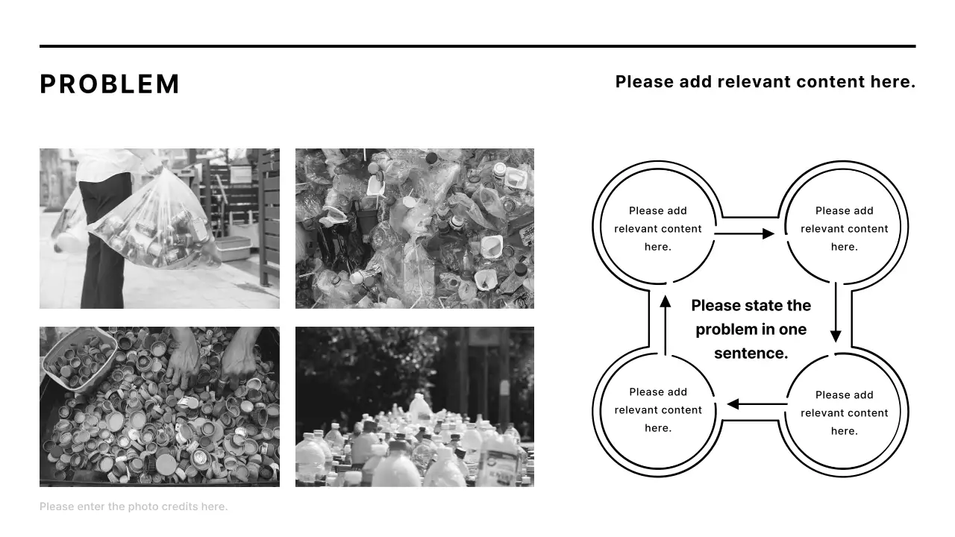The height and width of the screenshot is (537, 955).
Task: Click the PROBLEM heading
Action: coord(110,84)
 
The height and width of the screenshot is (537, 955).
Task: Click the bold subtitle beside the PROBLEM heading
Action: coord(765,82)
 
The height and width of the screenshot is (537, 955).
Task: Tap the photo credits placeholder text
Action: coord(134,506)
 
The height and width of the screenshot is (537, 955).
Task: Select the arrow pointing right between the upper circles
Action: coord(745,233)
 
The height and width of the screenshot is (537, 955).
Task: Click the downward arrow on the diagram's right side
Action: coord(836,312)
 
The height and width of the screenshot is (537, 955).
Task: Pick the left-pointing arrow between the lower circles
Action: coord(757,403)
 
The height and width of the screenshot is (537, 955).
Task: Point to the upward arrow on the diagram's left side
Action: coord(665,326)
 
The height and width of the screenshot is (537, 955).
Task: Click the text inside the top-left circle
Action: coord(658,229)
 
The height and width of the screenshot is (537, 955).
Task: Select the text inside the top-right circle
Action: coord(844,229)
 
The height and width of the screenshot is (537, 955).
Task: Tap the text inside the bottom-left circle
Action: coord(658,410)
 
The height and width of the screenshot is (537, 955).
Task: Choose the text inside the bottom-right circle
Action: coord(844,413)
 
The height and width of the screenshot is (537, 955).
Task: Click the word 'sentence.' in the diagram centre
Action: coord(751,354)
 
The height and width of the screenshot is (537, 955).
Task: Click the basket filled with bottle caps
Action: coord(79,359)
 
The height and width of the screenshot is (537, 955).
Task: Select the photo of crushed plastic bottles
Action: coord(415,228)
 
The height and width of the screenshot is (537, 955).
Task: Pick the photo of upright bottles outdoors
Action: coord(415,407)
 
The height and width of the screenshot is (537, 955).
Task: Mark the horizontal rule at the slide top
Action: coord(477,46)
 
